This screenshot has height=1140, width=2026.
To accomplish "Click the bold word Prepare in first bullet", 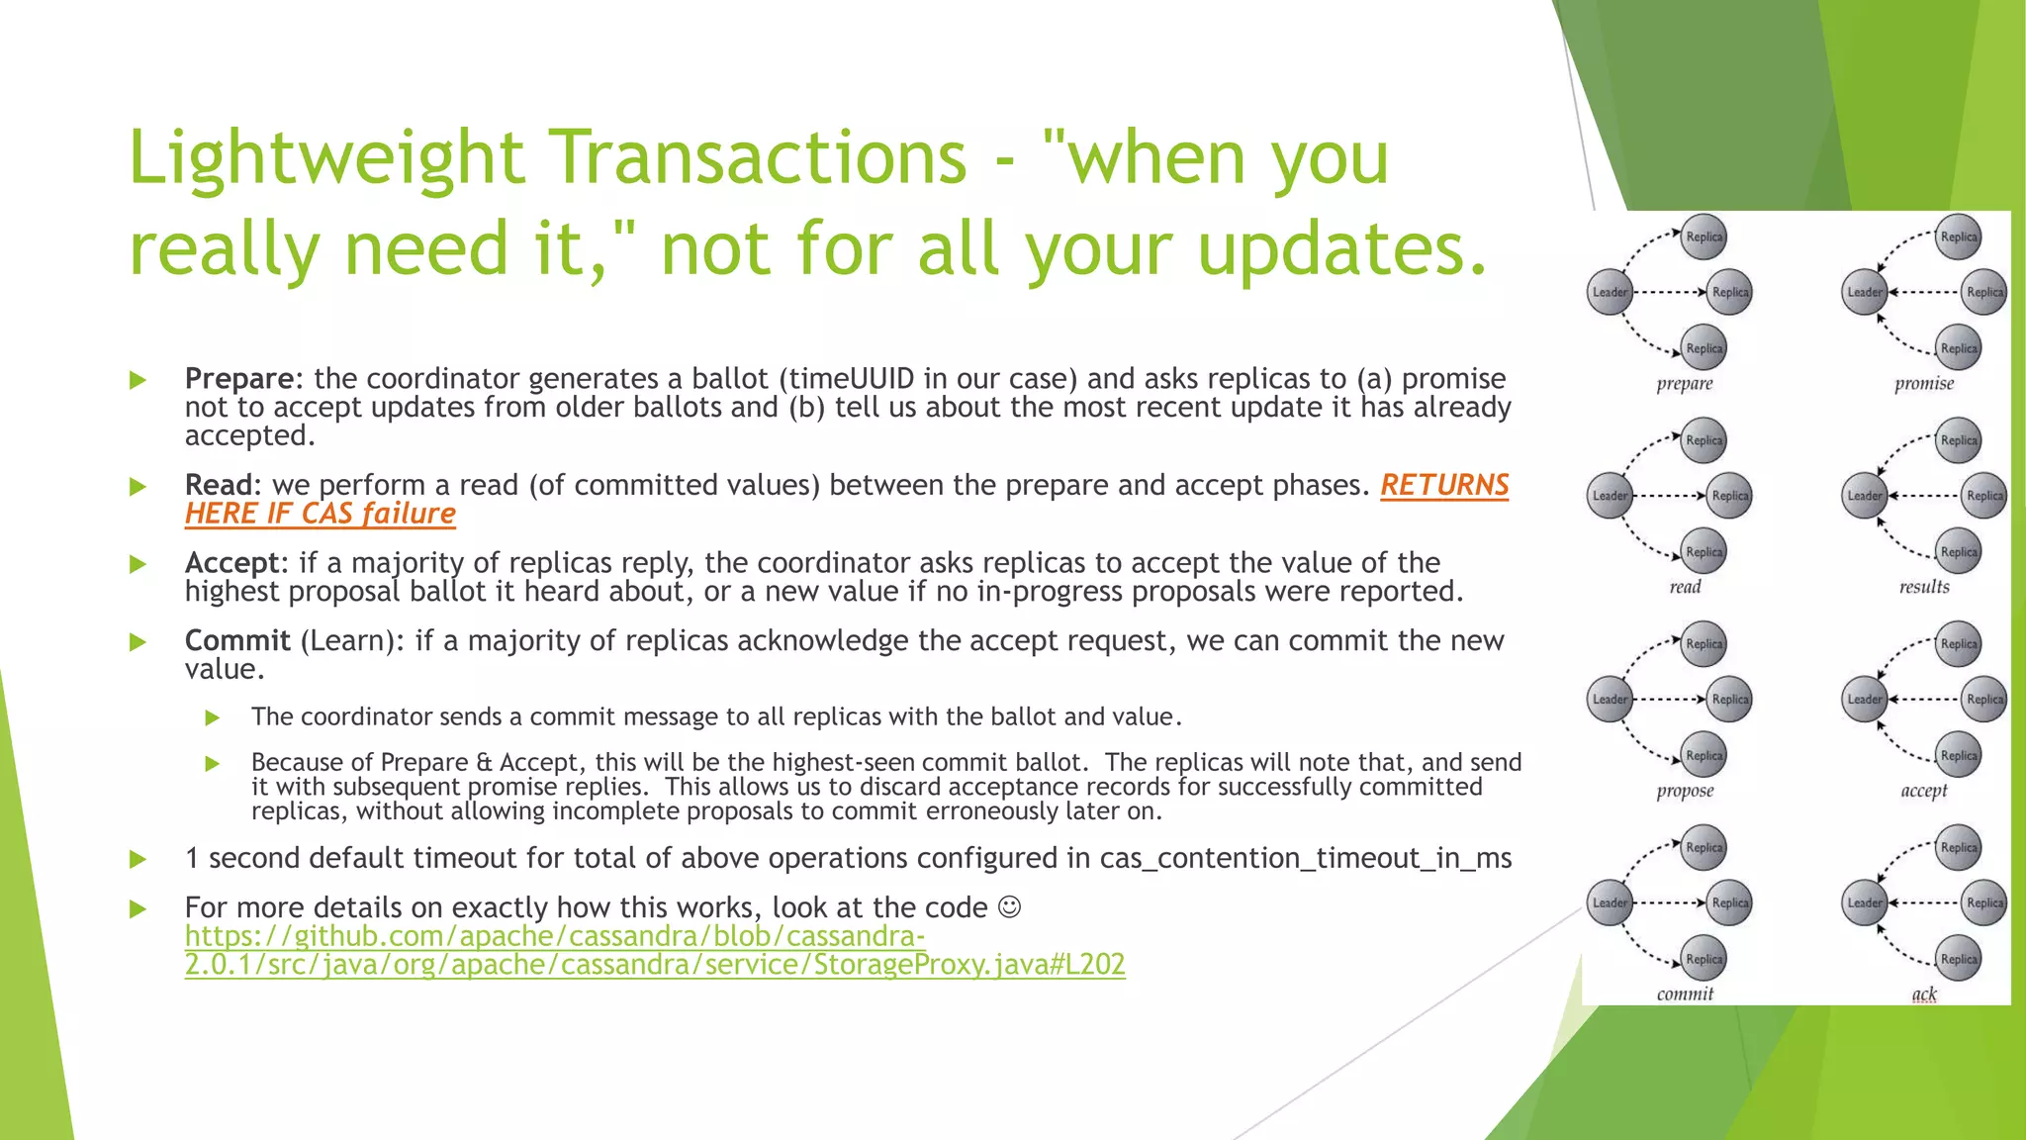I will coord(238,379).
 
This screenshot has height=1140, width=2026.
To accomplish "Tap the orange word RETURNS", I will coord(1444,485).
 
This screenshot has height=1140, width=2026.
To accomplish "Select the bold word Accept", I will coord(232,563).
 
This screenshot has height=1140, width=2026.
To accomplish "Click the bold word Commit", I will coord(237,641).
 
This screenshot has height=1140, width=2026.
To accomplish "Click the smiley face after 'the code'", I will coord(1009,906).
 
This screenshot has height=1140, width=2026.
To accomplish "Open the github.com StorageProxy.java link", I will coord(654,950).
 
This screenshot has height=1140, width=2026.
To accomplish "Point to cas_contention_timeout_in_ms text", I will coord(1306,858).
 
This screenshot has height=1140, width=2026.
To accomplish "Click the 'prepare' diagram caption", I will coord(1685,384).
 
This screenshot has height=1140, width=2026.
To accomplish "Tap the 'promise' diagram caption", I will coord(1924,384).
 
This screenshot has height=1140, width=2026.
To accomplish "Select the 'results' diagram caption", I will coord(1924,588).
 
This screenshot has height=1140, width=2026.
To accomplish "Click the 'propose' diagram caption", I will coord(1685,791).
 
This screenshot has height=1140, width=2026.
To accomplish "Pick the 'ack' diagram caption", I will coord(1924,995).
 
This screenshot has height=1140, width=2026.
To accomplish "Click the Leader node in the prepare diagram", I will coord(1610,292).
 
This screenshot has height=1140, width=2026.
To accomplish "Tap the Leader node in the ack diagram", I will coord(1865,902).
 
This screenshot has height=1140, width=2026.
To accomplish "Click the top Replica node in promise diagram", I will coord(1959,237).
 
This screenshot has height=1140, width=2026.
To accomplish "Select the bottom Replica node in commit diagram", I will coord(1704,959).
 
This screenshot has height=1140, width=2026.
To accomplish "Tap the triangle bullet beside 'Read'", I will coord(138,486).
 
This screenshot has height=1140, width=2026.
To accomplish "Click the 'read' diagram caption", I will coord(1685,588).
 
